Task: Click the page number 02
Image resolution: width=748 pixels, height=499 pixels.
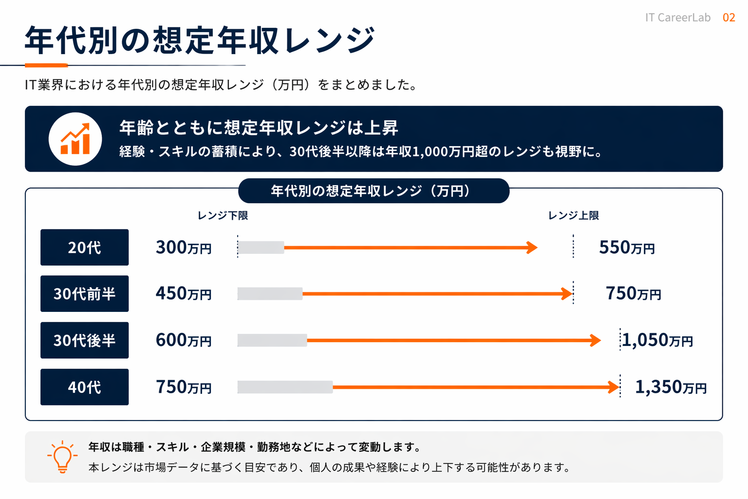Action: [729, 18]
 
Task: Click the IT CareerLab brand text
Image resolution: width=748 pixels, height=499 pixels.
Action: [677, 18]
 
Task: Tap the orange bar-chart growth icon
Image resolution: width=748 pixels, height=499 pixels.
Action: [75, 139]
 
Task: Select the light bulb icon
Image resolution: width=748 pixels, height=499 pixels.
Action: [62, 457]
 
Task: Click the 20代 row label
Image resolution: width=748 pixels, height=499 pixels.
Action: [84, 248]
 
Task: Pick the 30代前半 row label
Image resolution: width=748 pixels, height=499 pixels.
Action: [84, 294]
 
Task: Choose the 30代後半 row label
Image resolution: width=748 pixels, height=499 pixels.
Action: [84, 340]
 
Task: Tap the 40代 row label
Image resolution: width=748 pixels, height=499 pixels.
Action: [84, 387]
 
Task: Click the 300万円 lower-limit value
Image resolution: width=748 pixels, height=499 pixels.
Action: [184, 248]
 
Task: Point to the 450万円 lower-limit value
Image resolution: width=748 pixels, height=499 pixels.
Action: [184, 294]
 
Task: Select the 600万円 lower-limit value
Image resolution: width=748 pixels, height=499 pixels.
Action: [184, 340]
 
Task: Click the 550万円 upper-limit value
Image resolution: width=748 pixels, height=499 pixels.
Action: [627, 248]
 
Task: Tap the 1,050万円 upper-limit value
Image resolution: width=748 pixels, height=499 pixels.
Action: [657, 340]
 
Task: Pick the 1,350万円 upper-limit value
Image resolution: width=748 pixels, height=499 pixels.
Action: [671, 387]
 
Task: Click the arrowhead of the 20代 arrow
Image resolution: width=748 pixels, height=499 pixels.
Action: [532, 248]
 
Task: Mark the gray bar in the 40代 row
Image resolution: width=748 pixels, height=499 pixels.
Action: [285, 387]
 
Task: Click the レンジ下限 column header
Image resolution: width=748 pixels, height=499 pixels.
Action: [223, 215]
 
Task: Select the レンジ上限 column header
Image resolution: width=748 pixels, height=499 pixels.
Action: [573, 215]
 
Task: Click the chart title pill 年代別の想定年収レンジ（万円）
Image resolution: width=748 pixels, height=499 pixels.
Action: [374, 191]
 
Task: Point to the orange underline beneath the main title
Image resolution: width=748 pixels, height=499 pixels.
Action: [46, 65]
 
